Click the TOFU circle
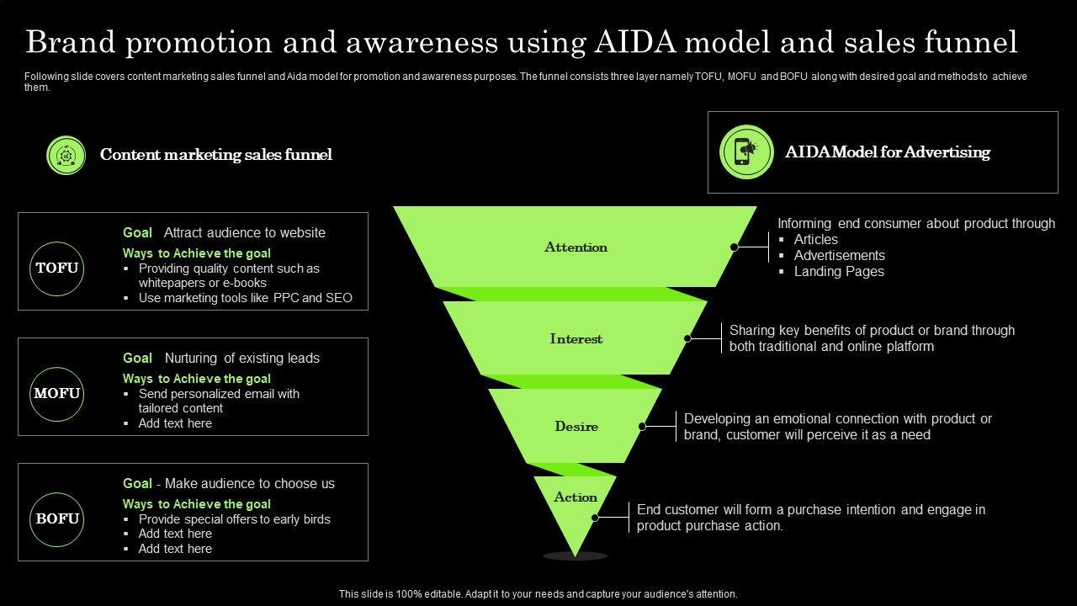(x=57, y=268)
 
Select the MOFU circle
(x=57, y=394)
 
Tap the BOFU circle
(x=57, y=518)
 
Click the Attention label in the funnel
(x=576, y=247)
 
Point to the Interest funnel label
(x=576, y=339)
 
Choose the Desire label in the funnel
(x=576, y=427)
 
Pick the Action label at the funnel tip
(x=576, y=497)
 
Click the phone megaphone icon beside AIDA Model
(x=746, y=151)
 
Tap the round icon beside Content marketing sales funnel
(x=66, y=155)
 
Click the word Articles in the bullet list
(x=816, y=240)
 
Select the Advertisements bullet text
(x=840, y=256)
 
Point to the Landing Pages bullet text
(x=839, y=272)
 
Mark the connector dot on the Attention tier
(x=735, y=247)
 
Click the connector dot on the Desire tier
(x=642, y=427)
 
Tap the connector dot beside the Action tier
(x=595, y=518)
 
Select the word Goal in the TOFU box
(x=137, y=233)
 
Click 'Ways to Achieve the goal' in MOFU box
(x=197, y=379)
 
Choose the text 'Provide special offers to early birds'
(x=235, y=519)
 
